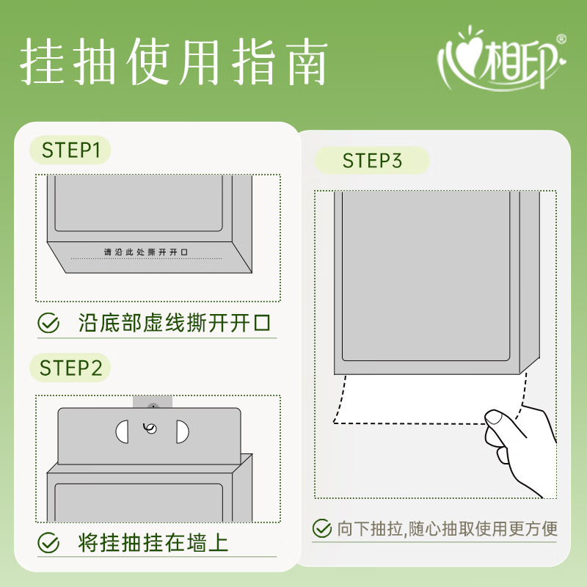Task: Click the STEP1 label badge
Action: (x=70, y=150)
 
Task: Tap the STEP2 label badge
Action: (x=70, y=368)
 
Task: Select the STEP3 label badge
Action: (x=372, y=161)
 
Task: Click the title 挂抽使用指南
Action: (x=174, y=62)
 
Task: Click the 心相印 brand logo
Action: (x=503, y=59)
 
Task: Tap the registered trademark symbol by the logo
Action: (x=561, y=39)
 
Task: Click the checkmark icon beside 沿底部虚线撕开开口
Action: (x=48, y=323)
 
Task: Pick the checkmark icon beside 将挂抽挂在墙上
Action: (x=48, y=543)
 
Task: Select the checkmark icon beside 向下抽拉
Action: (x=322, y=528)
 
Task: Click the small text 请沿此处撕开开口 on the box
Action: (x=146, y=252)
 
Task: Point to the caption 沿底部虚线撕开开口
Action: (x=174, y=323)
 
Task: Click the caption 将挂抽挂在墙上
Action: (x=153, y=543)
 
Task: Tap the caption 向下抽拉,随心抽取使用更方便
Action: (x=448, y=528)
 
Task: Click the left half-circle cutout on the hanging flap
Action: (x=122, y=431)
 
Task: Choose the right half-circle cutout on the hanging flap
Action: (x=182, y=431)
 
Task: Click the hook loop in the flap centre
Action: (x=150, y=429)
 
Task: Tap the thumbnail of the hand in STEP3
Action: (x=495, y=417)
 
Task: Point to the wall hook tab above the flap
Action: (x=153, y=402)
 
